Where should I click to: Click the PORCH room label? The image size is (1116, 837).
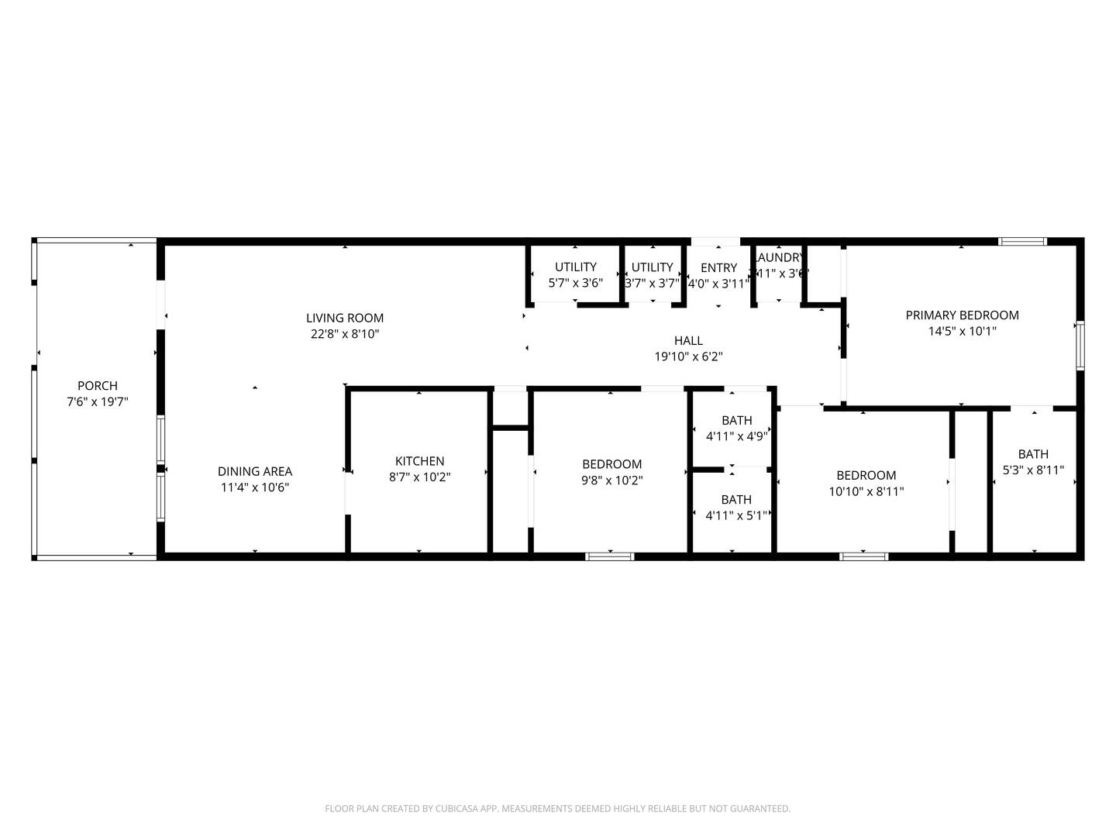click(x=98, y=386)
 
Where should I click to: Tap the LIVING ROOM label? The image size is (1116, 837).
click(x=345, y=318)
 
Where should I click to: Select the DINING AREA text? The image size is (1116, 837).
click(x=255, y=471)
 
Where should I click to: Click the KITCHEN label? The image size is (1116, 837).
click(x=419, y=461)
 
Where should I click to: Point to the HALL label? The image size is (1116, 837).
click(x=688, y=340)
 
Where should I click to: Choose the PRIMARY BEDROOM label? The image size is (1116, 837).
click(x=962, y=315)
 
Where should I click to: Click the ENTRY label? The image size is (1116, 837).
click(x=718, y=267)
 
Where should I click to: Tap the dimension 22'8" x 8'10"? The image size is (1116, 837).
click(x=345, y=334)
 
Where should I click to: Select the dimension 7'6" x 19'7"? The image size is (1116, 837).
click(x=98, y=402)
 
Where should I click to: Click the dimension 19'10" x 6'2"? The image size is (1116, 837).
click(x=688, y=356)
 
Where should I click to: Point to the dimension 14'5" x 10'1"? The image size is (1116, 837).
click(x=962, y=331)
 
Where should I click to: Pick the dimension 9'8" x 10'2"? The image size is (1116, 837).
click(x=611, y=480)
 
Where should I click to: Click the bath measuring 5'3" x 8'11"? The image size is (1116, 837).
click(x=1033, y=462)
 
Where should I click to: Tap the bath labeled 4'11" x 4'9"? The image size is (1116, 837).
click(x=736, y=428)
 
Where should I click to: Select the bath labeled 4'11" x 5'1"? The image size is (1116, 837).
click(x=736, y=507)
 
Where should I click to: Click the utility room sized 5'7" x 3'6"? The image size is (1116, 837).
click(x=575, y=274)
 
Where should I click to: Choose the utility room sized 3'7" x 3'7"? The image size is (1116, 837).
click(x=652, y=274)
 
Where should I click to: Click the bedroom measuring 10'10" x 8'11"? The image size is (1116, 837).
click(x=866, y=483)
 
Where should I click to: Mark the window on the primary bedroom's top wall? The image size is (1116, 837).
click(x=1023, y=242)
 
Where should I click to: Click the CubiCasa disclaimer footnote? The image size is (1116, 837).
click(x=557, y=808)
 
